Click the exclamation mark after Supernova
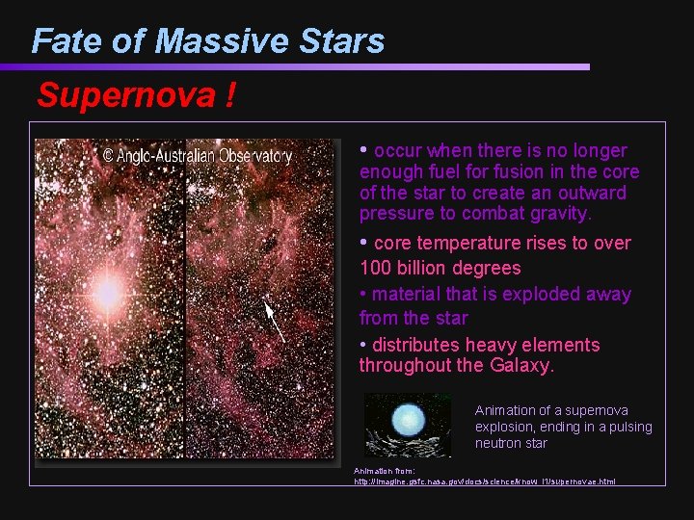click(230, 96)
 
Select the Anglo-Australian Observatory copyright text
click(197, 155)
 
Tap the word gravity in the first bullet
click(556, 214)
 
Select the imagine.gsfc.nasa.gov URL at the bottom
click(485, 481)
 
